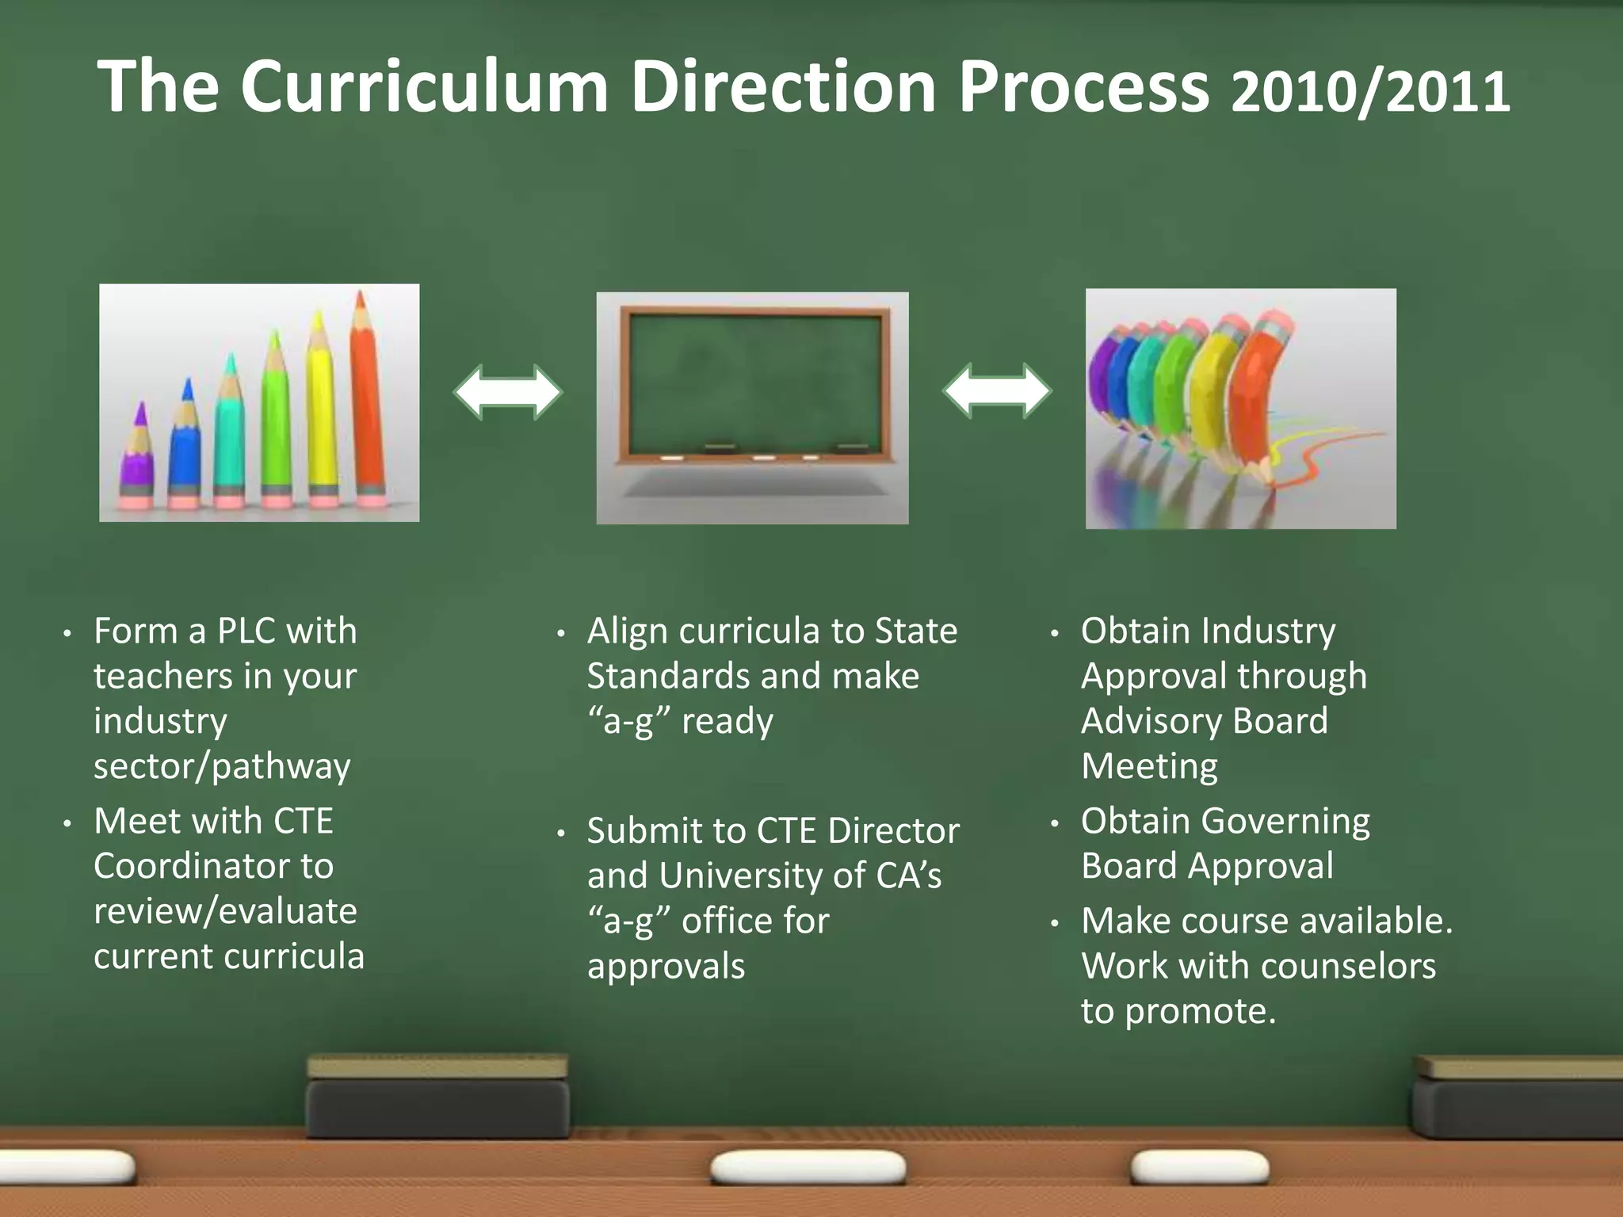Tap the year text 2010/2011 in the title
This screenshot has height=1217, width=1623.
[x=1370, y=91]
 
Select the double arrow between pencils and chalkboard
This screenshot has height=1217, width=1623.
[x=508, y=391]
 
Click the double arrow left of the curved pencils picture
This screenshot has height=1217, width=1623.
[x=997, y=391]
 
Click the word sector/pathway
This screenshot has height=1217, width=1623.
[x=222, y=766]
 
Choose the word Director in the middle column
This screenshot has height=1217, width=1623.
[x=894, y=831]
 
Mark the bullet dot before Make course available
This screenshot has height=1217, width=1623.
[x=1055, y=924]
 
